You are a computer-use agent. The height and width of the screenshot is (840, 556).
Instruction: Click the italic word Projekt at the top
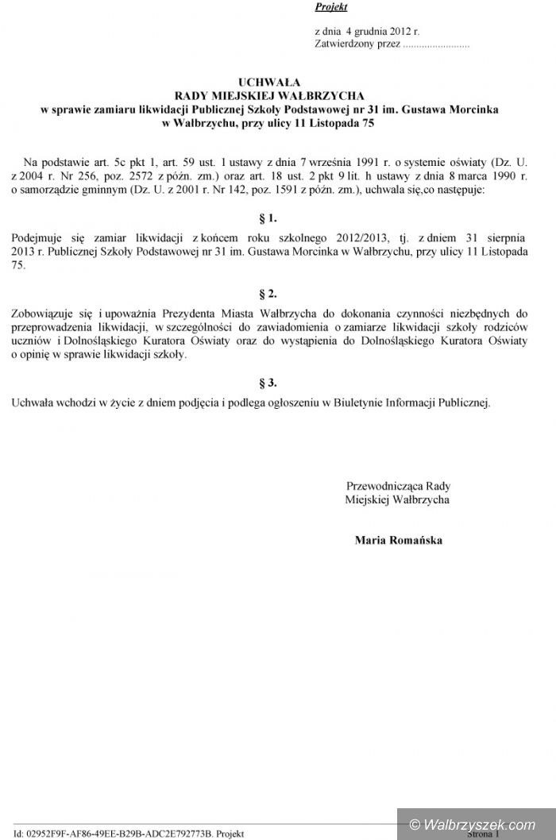pos(332,7)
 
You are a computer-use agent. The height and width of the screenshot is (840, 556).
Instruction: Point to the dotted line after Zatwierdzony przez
pos(436,44)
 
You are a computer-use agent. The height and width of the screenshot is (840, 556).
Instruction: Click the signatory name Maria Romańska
pos(399,540)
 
